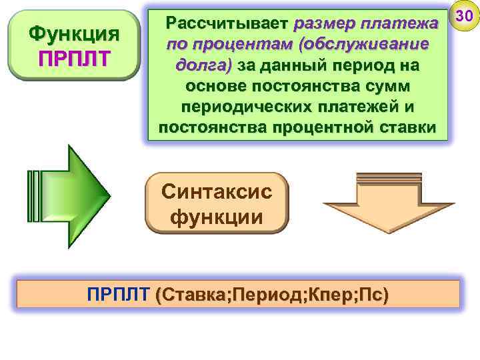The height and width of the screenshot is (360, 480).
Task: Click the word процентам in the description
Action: click(213, 45)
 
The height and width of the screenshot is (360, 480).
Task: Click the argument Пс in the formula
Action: click(374, 294)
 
